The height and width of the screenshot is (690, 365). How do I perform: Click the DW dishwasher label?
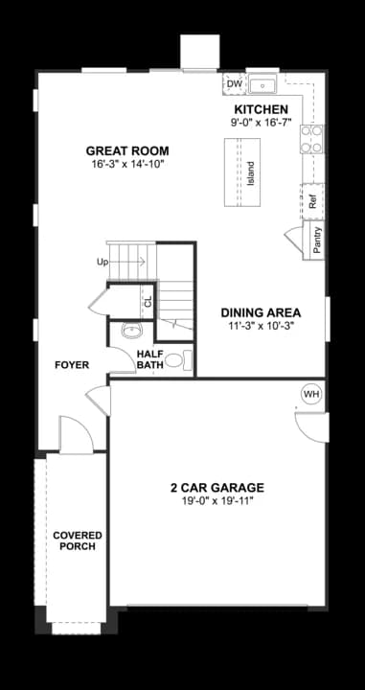pos(235,84)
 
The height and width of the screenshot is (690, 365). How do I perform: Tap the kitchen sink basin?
pos(262,84)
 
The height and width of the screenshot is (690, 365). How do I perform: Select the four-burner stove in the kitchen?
pos(311,140)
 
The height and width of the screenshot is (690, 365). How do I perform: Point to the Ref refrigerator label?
pos(312,202)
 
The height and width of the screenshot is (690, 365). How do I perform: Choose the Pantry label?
pos(317,241)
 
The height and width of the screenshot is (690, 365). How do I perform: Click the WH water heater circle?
pos(311,394)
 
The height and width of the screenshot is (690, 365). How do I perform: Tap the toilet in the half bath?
pos(188,360)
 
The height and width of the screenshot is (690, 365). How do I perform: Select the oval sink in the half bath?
pos(132,331)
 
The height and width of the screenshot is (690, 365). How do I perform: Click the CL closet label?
pos(148,301)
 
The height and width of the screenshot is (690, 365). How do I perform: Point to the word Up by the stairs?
pos(103,262)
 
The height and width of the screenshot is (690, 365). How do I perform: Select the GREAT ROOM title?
pos(127,150)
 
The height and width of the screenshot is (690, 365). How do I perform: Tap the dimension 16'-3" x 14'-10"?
pos(127,164)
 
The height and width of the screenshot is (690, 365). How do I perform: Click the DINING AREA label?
pos(261,312)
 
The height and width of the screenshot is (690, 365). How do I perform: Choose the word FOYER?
pos(71,365)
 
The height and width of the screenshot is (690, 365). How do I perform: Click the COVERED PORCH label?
pos(78,540)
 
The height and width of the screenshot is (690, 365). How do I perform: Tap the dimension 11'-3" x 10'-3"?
pos(261,326)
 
